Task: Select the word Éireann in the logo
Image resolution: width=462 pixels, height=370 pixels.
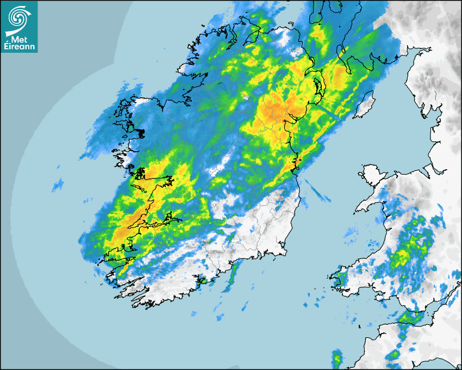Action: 20,46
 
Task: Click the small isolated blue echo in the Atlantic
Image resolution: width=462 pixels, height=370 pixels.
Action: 57,185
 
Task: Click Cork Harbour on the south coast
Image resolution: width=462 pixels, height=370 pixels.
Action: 202,281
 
